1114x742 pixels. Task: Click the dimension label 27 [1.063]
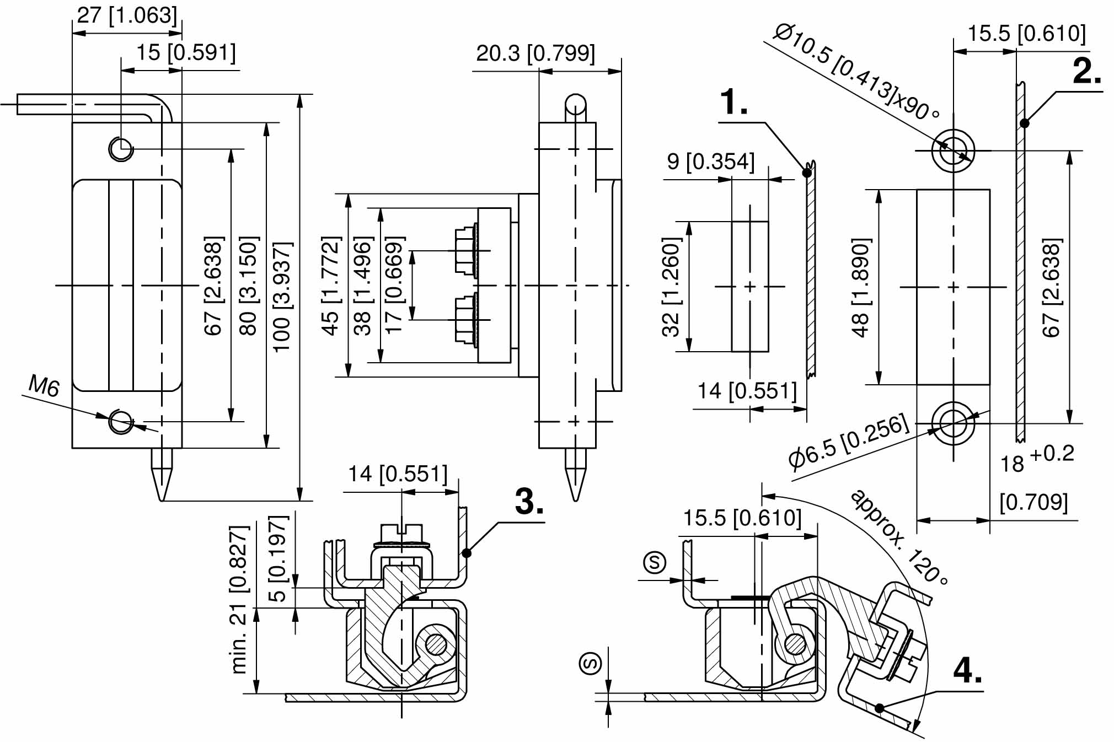127,16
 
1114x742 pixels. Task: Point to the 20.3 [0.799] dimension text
535,53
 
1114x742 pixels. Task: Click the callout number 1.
733,103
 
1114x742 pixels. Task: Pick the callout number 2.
1086,72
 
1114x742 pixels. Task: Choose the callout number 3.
529,502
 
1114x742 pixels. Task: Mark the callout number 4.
967,671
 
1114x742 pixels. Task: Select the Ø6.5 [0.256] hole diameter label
848,442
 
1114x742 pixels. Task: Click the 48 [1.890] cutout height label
861,287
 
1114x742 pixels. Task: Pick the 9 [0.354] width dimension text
710,162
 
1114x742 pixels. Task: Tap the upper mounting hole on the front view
121,148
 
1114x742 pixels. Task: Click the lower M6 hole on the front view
121,421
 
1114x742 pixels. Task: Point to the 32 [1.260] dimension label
671,287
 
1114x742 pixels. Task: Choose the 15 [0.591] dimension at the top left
186,53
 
